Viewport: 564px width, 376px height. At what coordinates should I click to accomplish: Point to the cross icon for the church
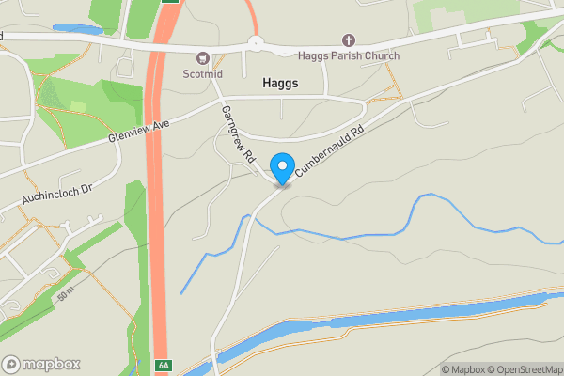(x=349, y=40)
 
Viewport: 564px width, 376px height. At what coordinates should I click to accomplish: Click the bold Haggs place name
(x=280, y=84)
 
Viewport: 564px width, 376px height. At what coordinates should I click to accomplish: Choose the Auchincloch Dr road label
(x=58, y=192)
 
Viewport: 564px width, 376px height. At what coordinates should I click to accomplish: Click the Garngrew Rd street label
(x=238, y=135)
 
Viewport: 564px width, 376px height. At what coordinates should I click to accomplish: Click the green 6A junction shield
(x=164, y=366)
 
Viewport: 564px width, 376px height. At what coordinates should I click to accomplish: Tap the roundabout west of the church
(x=254, y=41)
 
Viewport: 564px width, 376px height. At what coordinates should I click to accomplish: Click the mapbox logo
(x=41, y=364)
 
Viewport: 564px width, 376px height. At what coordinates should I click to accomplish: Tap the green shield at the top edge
(x=169, y=3)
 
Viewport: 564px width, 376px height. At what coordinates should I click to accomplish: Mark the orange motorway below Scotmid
(x=159, y=188)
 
